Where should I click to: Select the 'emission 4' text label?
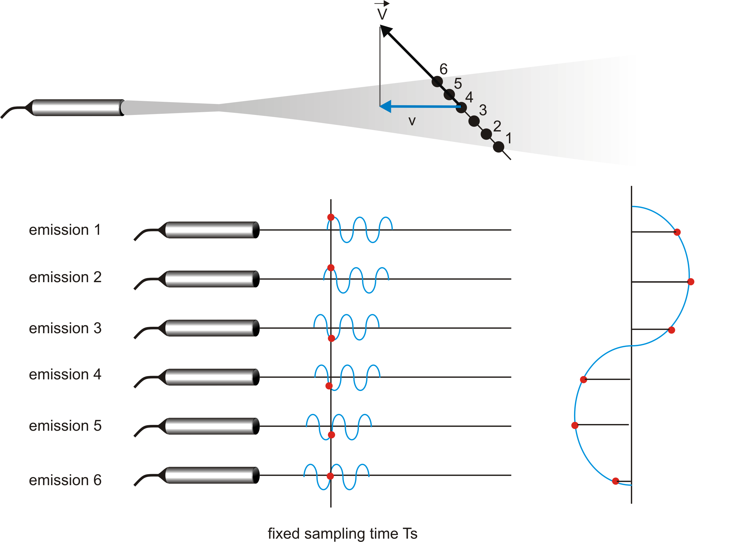(65, 374)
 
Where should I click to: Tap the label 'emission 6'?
(65, 480)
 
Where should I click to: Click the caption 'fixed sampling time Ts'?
(342, 533)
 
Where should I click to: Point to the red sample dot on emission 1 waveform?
(331, 217)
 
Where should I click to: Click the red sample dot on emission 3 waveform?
(331, 338)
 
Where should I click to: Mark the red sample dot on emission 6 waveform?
(330, 476)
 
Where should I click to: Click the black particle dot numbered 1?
(498, 147)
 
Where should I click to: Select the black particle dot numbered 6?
(437, 81)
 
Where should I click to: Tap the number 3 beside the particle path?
(483, 110)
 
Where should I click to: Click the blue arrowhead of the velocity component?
(385, 106)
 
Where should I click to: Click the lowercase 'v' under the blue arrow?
(412, 121)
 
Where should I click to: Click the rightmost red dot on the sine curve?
(691, 282)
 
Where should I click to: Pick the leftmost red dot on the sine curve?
(575, 426)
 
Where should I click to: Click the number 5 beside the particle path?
(458, 84)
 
